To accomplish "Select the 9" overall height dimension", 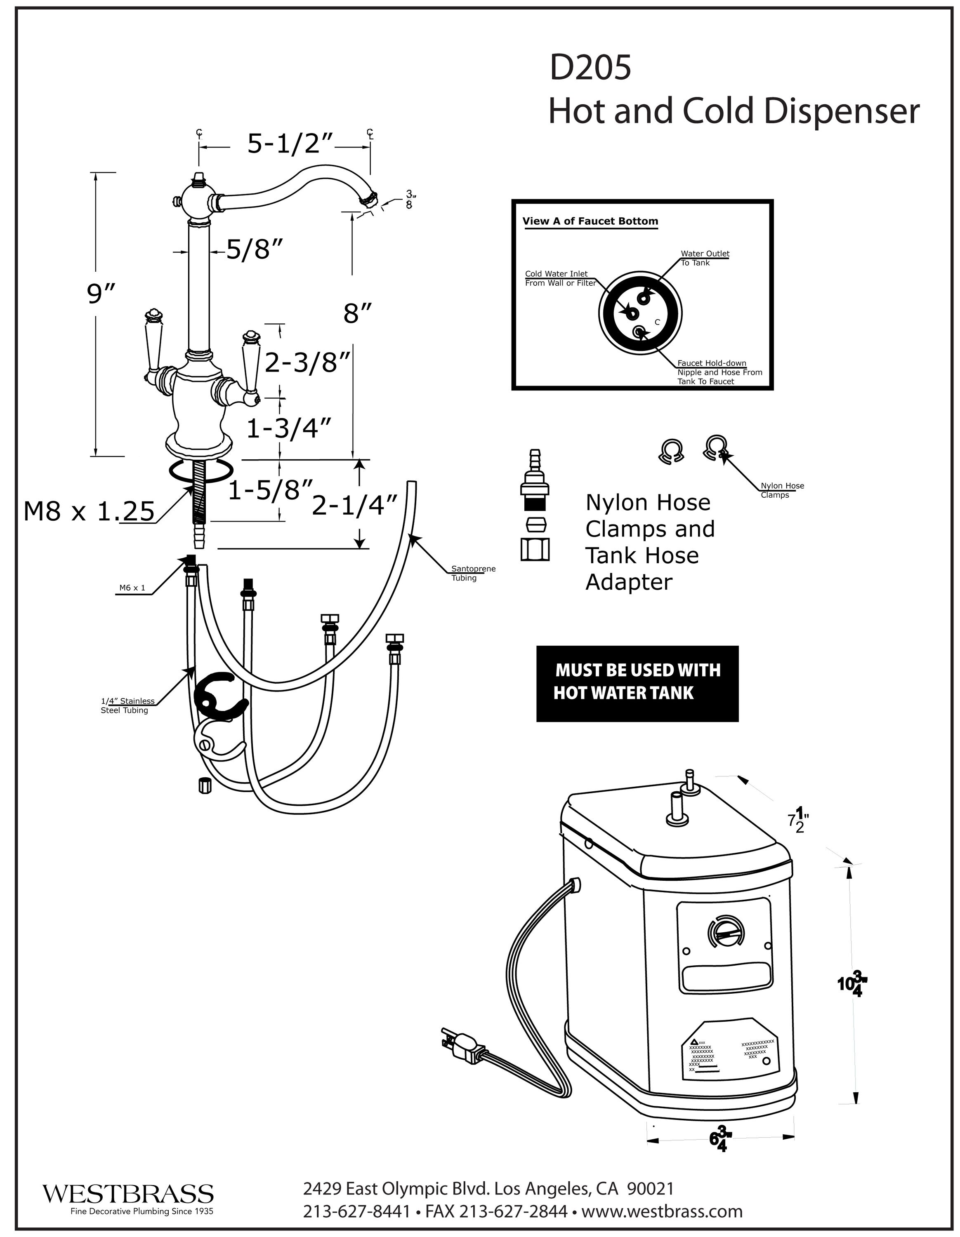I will pos(101,294).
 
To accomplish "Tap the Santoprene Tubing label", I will pos(473,573).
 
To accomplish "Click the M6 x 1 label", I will pos(132,588).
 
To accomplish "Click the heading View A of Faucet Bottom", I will pos(590,221).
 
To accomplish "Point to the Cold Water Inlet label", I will pos(560,278).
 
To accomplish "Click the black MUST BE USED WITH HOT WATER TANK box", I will pos(637,684).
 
